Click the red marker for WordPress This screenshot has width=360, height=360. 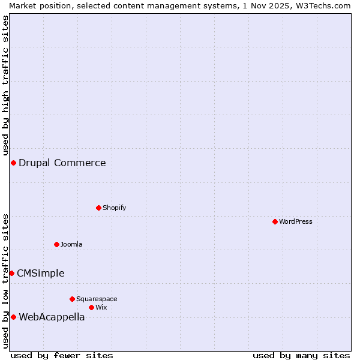click(275, 221)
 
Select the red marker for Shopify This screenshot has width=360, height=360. click(98, 208)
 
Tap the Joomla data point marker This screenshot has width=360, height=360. click(56, 244)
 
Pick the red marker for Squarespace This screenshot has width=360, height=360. click(72, 299)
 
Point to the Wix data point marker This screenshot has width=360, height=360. click(91, 307)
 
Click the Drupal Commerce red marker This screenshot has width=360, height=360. click(13, 163)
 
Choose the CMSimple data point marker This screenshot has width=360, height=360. click(11, 273)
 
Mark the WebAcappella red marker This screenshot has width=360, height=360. click(13, 317)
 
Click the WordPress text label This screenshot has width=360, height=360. click(296, 221)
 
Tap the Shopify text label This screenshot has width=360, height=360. click(114, 208)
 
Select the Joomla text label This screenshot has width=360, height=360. click(71, 244)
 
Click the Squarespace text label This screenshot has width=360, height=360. click(97, 299)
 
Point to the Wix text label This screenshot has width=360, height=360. click(101, 307)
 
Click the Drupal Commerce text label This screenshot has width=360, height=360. click(62, 163)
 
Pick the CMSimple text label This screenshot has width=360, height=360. click(40, 274)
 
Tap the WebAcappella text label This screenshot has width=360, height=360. click(52, 317)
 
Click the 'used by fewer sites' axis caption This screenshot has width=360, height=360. click(62, 355)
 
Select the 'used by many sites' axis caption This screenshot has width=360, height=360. click(301, 355)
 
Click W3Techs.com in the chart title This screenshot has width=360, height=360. click(322, 5)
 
